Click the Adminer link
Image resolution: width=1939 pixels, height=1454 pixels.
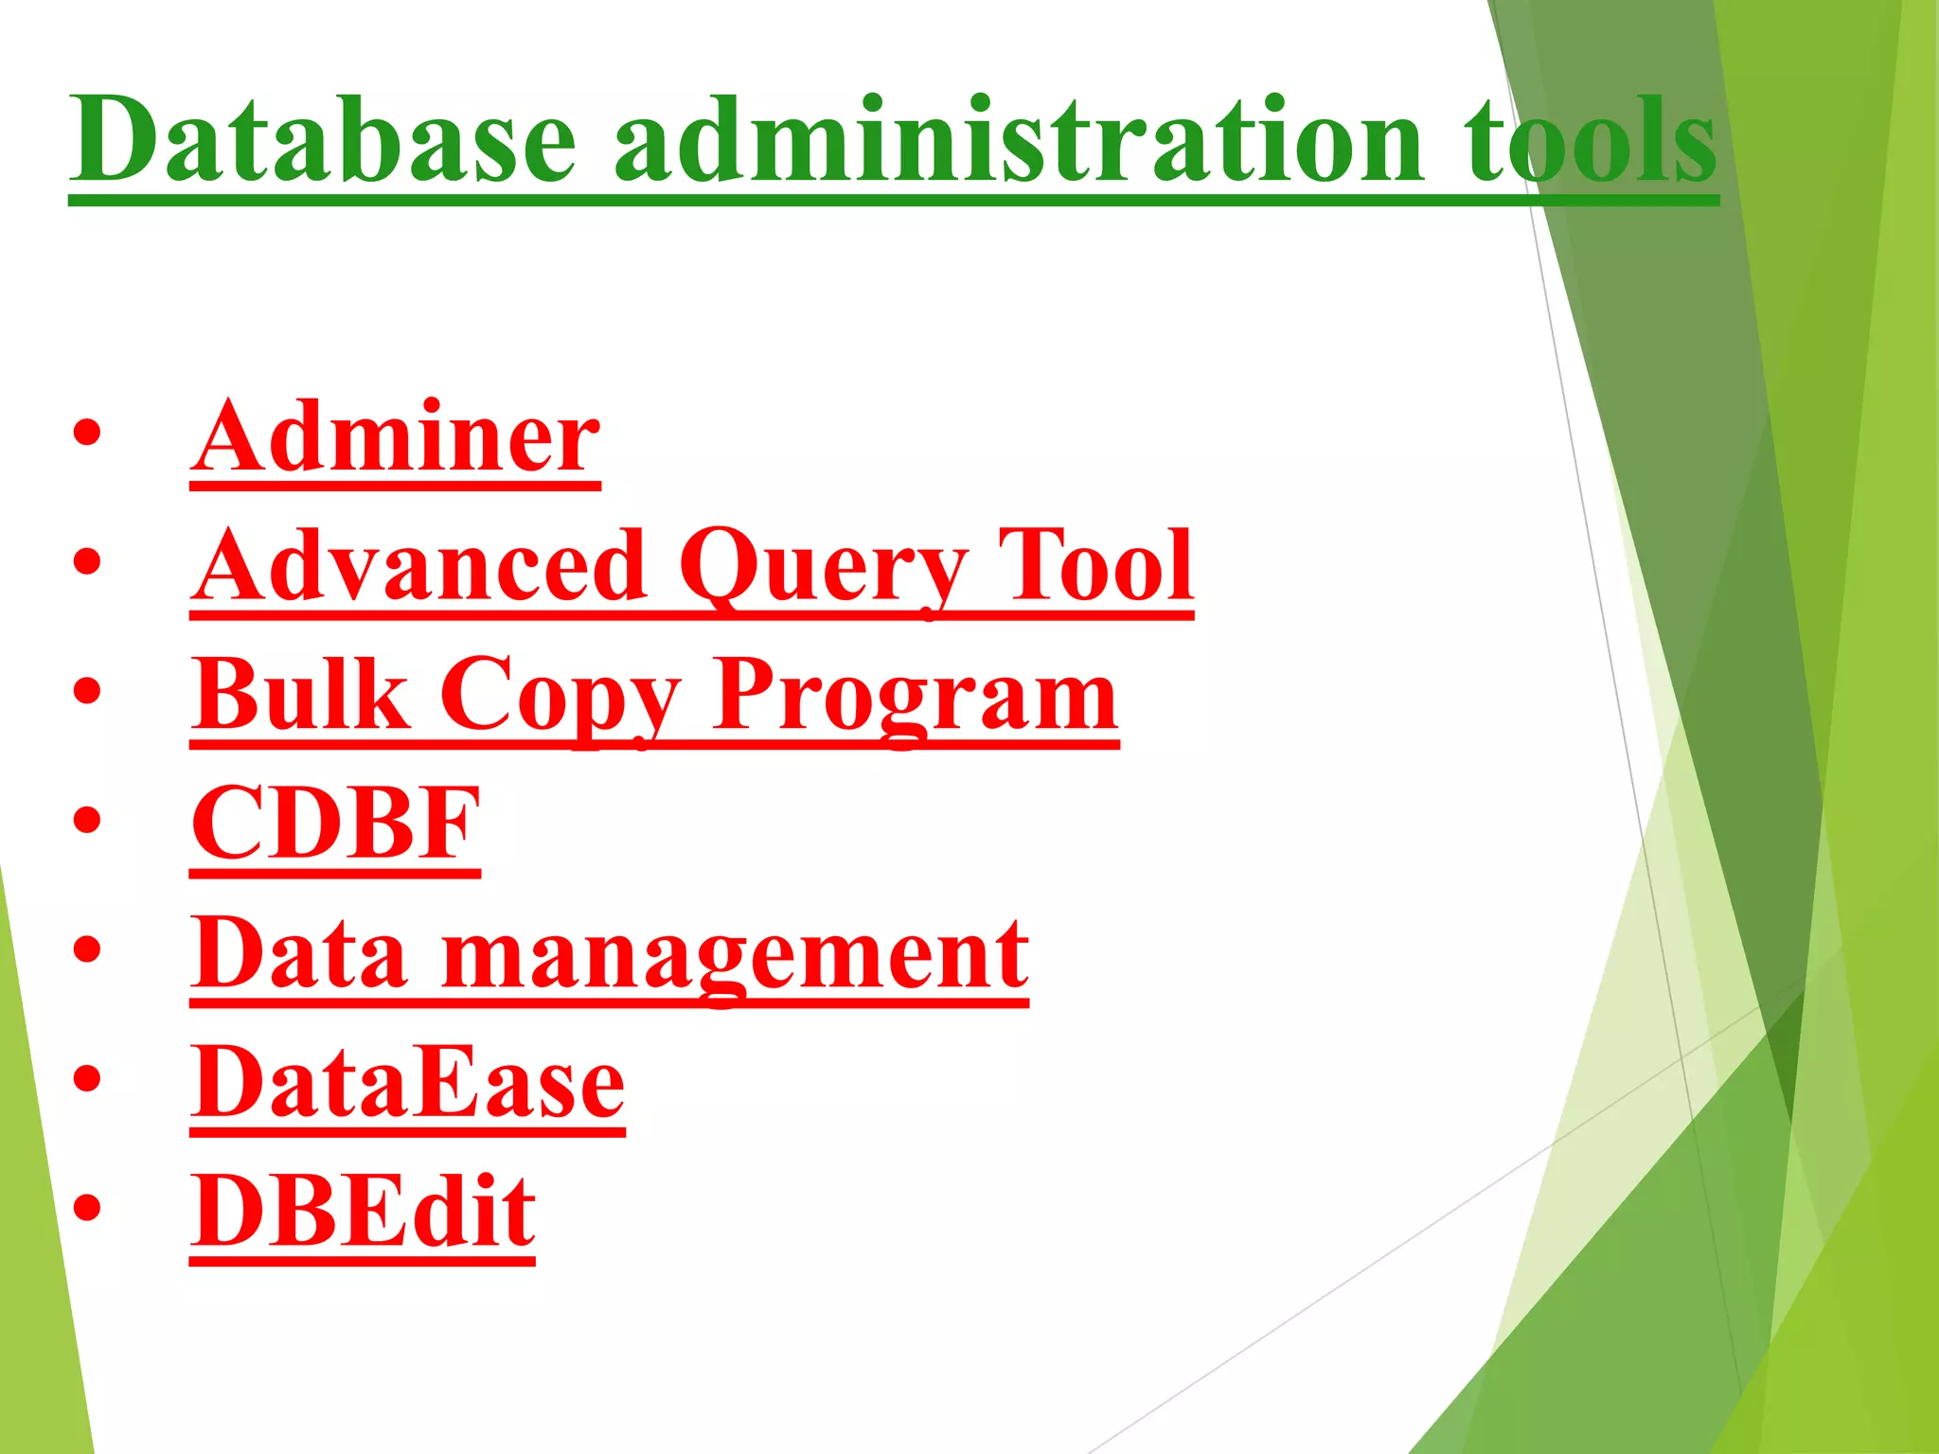[395, 437]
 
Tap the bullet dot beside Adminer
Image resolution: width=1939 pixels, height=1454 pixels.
[86, 434]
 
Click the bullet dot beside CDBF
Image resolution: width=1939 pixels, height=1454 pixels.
[86, 821]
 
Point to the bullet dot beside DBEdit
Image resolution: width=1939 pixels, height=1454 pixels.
[86, 1208]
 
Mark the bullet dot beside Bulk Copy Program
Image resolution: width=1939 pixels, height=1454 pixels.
[86, 692]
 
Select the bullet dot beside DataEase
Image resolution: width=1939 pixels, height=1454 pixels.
[86, 1079]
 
